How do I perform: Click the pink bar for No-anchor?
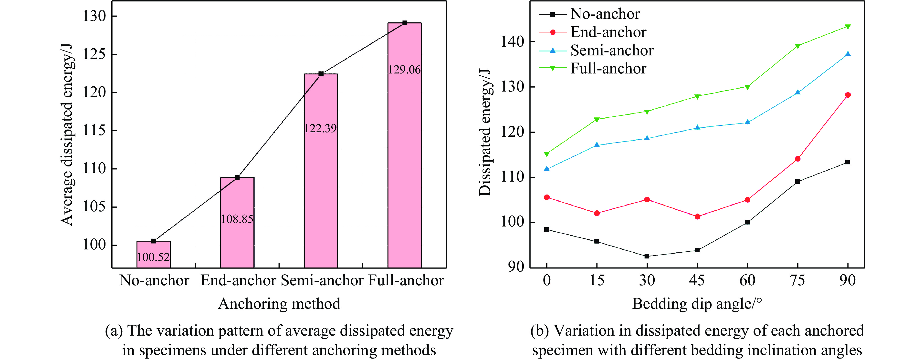(x=153, y=254)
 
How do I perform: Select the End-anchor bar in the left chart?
(x=237, y=222)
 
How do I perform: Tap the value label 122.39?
(x=320, y=128)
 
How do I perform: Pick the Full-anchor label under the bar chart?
(x=406, y=280)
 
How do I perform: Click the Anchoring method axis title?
(x=279, y=304)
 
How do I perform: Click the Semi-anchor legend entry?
(x=612, y=51)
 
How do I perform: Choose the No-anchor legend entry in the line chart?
(x=605, y=14)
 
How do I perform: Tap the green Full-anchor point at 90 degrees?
(x=848, y=27)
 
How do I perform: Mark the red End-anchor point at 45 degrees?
(x=697, y=216)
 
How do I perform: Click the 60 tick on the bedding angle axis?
(x=747, y=280)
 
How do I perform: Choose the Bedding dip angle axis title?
(x=697, y=304)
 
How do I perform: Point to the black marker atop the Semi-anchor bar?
(x=321, y=74)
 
